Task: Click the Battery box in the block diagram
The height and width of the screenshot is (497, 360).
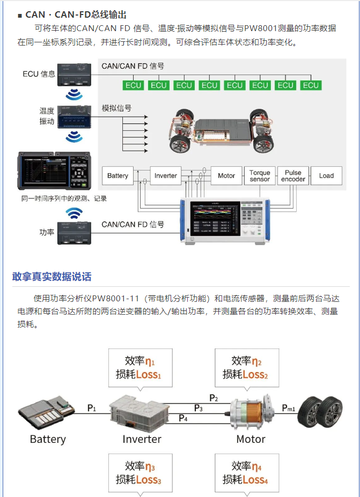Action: (x=117, y=176)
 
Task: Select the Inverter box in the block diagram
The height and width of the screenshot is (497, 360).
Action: (x=165, y=176)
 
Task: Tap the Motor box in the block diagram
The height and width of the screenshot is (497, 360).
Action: (x=226, y=176)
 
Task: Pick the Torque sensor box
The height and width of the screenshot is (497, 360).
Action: (x=260, y=176)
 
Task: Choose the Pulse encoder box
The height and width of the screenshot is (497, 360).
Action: (x=293, y=176)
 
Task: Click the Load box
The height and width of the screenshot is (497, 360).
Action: (x=326, y=176)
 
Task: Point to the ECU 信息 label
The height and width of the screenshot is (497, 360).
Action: (x=39, y=74)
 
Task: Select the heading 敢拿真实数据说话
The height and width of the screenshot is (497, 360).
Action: (x=52, y=277)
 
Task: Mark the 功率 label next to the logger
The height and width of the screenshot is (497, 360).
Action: (x=47, y=233)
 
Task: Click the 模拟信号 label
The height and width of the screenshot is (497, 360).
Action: (x=116, y=108)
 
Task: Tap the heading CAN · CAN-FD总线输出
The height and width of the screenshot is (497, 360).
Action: (x=76, y=14)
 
